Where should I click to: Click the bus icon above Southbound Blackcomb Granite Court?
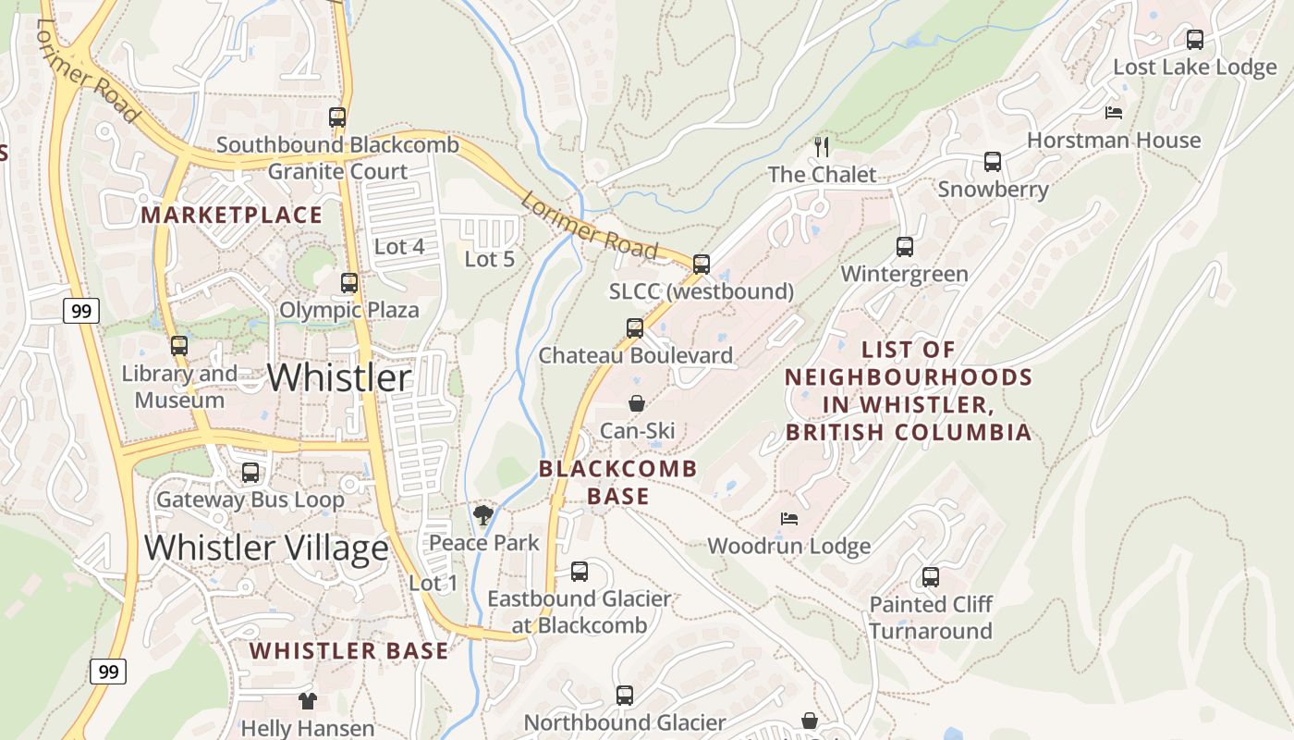pos(337,117)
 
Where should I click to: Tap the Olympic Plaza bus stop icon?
pos(349,283)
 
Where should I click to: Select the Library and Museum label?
pos(179,387)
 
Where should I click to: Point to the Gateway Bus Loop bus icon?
pos(250,473)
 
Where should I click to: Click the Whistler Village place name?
pos(266,548)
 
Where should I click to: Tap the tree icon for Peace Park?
pos(482,515)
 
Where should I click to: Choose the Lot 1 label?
pos(433,583)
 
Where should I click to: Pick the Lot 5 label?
pos(489,259)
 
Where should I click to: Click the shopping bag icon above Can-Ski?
pos(637,403)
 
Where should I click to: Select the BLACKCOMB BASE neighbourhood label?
pos(617,482)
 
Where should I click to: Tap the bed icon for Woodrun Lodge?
pos(788,519)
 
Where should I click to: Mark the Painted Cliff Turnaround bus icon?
pos(930,577)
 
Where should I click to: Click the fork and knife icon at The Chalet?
pos(821,146)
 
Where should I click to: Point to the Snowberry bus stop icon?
pos(993,162)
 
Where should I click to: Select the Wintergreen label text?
pos(904,274)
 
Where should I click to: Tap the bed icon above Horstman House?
pos(1114,113)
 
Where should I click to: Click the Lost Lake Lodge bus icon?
pos(1194,40)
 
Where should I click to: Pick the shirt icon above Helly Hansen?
pos(307,701)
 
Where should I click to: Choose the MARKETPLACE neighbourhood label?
pos(231,216)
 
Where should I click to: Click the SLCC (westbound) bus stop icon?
pos(702,265)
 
